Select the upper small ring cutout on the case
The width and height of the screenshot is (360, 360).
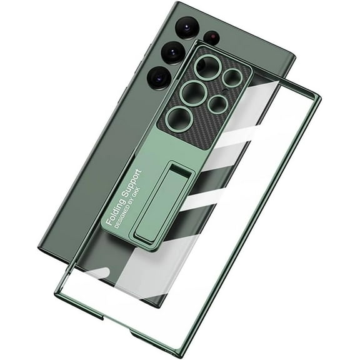pyautogui.click(x=232, y=77)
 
